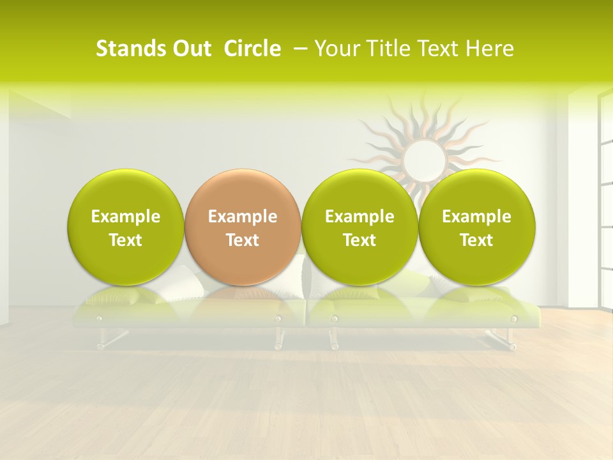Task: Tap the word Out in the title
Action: pyautogui.click(x=190, y=49)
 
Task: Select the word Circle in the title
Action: pyautogui.click(x=252, y=49)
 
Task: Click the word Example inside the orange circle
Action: pyautogui.click(x=243, y=217)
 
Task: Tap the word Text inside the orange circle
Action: pyautogui.click(x=243, y=240)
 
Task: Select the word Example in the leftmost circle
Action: pyautogui.click(x=126, y=217)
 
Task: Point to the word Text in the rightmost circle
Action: pyautogui.click(x=476, y=240)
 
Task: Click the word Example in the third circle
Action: pyautogui.click(x=359, y=217)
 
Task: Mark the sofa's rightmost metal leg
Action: pyautogui.click(x=505, y=339)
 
